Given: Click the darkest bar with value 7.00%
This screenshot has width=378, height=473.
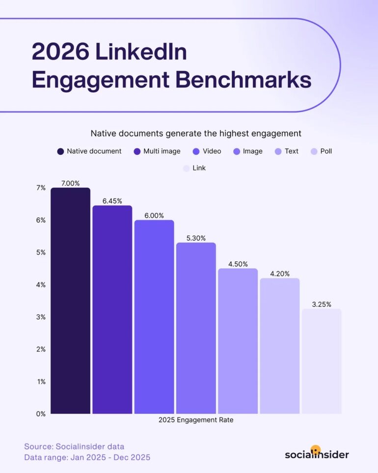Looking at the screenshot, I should coord(70,301).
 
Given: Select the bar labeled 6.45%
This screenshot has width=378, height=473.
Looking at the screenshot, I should coord(112,309).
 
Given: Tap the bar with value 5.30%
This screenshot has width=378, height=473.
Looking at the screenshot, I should coord(196,328).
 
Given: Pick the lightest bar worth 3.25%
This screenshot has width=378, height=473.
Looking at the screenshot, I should coord(322,361).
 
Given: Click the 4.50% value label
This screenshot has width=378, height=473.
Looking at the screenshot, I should coord(238,264).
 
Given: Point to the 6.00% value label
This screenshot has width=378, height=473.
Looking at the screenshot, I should coord(154,216).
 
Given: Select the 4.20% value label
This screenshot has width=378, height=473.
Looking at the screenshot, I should coord(280,274).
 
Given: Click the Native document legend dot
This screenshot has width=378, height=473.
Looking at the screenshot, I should coord(61,151).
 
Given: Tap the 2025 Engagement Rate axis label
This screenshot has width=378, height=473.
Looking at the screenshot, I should coord(196,420).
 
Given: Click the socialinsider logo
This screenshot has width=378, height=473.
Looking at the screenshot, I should coord(317,453).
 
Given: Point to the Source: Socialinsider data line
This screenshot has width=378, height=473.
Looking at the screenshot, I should coord(74,446).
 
